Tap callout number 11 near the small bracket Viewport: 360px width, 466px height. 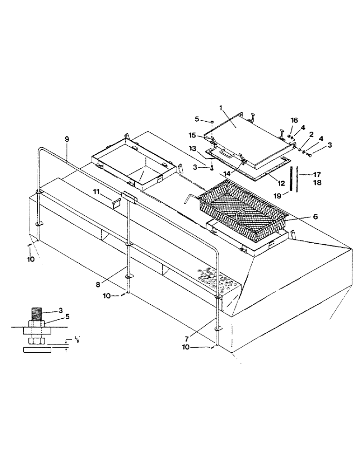(x=96, y=191)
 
